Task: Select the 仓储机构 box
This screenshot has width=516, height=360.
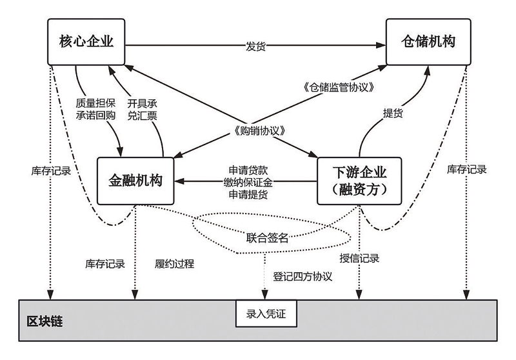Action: tap(426, 42)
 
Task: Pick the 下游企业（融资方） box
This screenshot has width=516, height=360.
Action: tap(358, 181)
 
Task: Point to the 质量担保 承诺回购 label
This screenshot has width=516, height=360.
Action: tap(95, 110)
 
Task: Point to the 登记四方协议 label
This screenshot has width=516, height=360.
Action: tap(303, 276)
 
